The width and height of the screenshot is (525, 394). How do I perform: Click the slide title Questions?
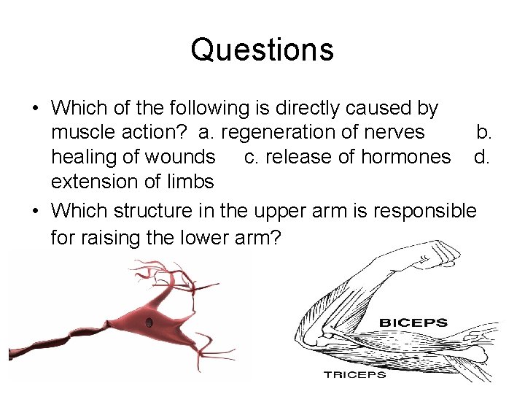click(262, 50)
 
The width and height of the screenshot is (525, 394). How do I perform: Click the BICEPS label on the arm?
click(413, 322)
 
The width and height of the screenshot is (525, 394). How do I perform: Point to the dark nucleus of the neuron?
click(149, 322)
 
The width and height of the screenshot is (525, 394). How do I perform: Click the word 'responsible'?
click(425, 211)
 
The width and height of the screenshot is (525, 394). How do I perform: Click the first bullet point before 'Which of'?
click(35, 109)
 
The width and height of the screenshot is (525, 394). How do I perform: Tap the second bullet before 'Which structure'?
click(35, 212)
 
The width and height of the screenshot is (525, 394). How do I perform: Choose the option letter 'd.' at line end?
click(481, 157)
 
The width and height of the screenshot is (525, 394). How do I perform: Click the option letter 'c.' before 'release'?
click(250, 157)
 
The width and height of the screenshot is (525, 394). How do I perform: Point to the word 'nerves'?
click(397, 132)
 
